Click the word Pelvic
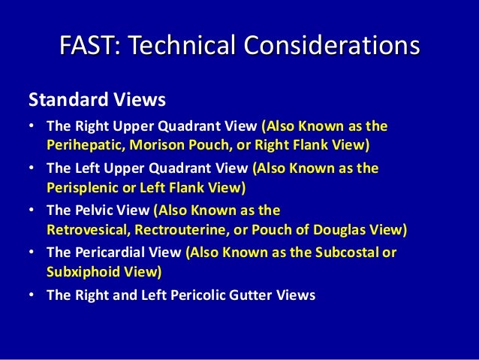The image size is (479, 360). click(95, 211)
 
